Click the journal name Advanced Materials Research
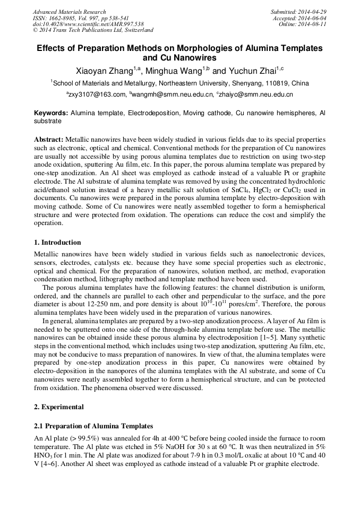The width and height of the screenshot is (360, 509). tap(69, 12)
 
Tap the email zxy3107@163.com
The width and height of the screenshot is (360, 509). tap(98, 94)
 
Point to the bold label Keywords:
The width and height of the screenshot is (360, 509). tap(51, 114)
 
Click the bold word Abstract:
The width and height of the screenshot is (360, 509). tap(49, 139)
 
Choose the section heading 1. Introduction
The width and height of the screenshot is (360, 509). tap(57, 243)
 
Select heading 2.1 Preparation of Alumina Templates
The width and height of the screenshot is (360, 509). tap(93, 426)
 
